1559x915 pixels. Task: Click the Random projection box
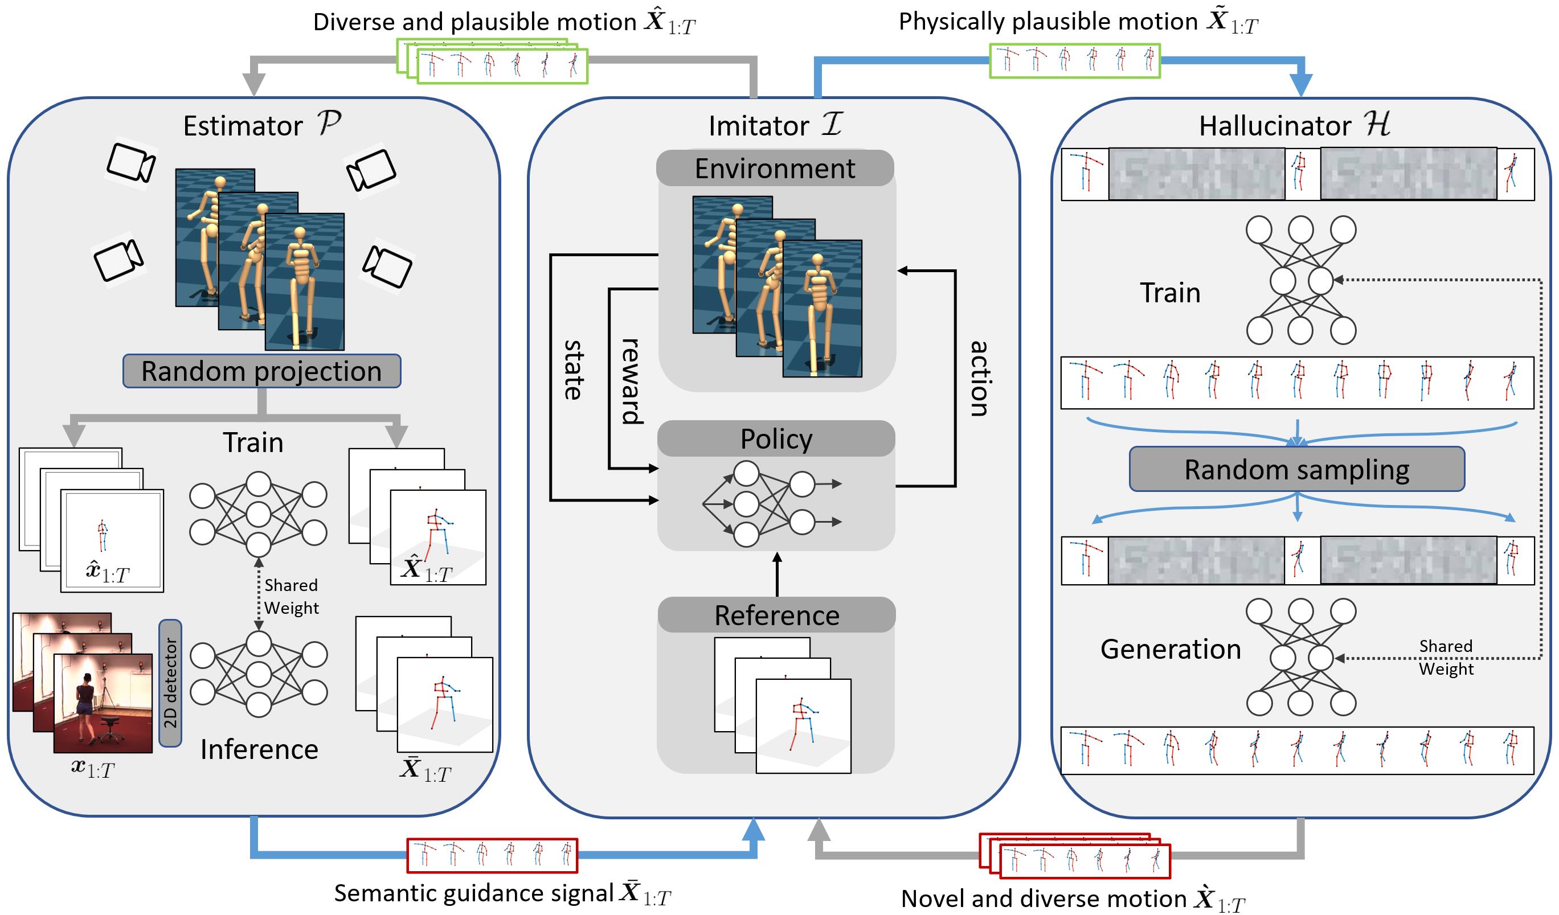click(x=261, y=371)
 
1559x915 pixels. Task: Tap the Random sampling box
click(x=1296, y=469)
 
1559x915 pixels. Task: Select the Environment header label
click(x=775, y=168)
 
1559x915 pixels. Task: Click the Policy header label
click(x=776, y=439)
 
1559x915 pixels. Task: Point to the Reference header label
click(x=776, y=615)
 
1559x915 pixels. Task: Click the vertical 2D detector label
click(x=170, y=683)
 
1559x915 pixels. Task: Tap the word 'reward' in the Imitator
click(x=632, y=381)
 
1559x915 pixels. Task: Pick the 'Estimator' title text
click(x=243, y=125)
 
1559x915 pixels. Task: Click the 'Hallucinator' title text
click(x=1274, y=125)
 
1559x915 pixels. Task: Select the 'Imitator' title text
click(x=758, y=125)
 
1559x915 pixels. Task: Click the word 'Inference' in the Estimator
click(x=259, y=749)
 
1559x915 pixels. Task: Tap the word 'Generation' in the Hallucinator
click(x=1171, y=649)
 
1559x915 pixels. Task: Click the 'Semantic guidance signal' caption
click(x=474, y=893)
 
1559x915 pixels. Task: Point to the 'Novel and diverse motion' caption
click(x=1044, y=898)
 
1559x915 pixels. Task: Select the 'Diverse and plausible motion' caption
click(x=474, y=22)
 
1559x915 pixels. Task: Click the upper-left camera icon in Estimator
click(x=130, y=163)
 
